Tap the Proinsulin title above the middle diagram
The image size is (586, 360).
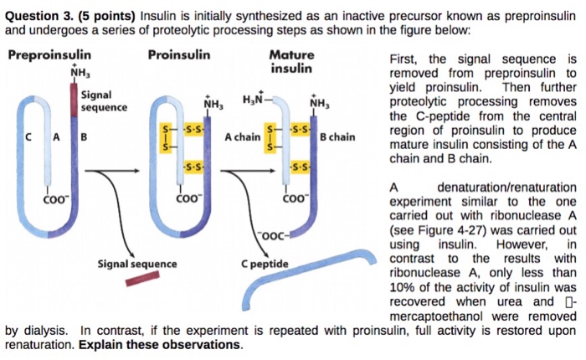pyautogui.click(x=178, y=56)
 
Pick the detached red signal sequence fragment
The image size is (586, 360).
pyautogui.click(x=141, y=278)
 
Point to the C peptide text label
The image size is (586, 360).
pyautogui.click(x=264, y=265)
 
